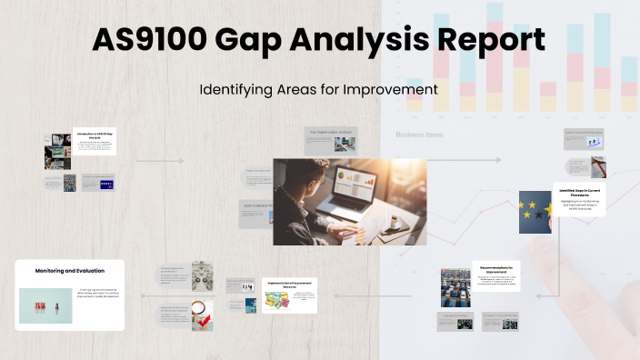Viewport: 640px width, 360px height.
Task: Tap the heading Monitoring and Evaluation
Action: (69, 270)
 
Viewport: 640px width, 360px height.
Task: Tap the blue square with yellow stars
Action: (535, 212)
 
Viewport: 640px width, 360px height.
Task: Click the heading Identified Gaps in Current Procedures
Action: (579, 193)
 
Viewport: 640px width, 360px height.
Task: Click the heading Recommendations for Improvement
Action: (496, 270)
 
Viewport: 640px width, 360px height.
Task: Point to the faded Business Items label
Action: (419, 135)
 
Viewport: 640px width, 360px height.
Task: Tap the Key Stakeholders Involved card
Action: (328, 138)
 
